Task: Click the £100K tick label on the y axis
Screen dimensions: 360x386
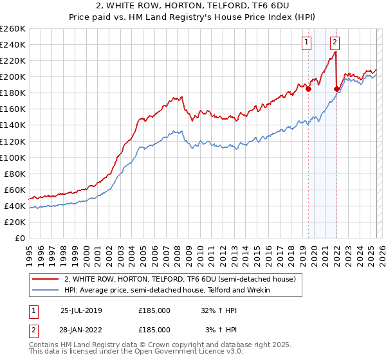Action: pos(12,157)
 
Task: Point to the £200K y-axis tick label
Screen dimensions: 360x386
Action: pos(12,76)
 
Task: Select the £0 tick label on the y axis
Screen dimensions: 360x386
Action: pos(19,238)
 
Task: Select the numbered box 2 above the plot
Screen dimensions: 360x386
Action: pos(336,43)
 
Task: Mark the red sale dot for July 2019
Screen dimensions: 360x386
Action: pos(308,89)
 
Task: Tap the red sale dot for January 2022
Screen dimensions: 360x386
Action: pos(336,89)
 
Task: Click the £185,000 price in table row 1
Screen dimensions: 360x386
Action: pos(154,310)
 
